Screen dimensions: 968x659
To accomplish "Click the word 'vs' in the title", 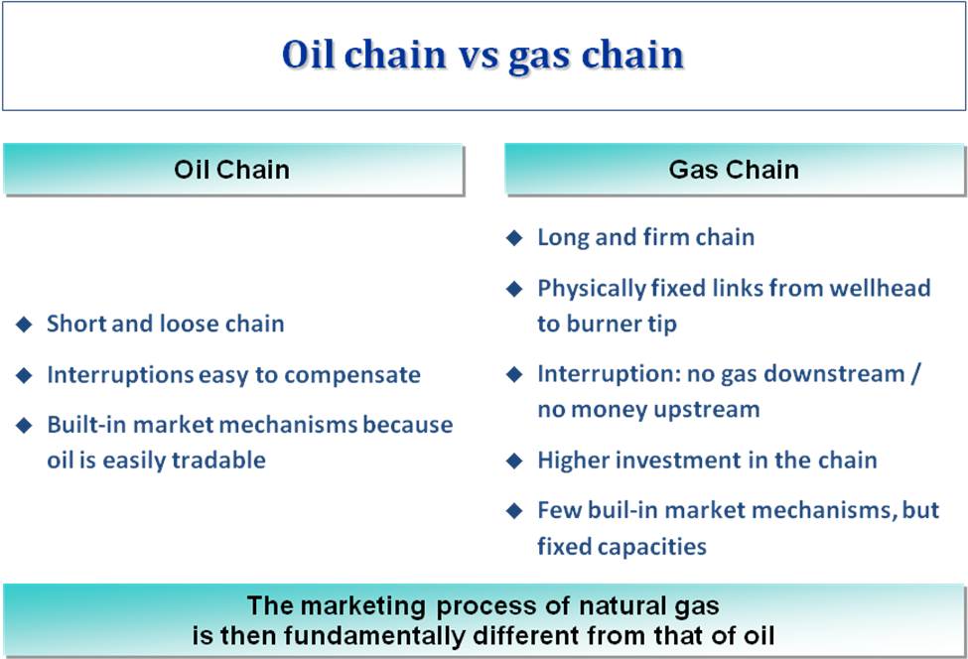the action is click(478, 55).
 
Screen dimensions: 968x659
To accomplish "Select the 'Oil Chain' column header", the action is click(232, 170).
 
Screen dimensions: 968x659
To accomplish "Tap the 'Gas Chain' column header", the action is click(734, 170).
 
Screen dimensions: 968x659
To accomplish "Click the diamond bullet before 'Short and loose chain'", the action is click(24, 324).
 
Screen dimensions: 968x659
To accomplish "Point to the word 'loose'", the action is click(191, 324).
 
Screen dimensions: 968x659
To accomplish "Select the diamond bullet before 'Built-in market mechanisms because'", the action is click(24, 425).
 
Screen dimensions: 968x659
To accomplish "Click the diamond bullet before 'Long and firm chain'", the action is click(514, 238).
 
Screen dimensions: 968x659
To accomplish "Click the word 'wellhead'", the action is click(879, 288).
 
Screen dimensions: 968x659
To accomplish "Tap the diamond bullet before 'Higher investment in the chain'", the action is click(514, 461).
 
